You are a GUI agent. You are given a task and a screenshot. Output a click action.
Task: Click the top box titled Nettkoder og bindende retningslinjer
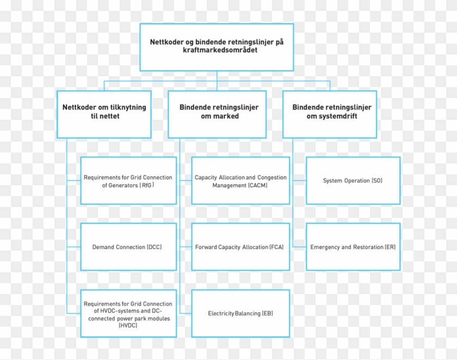pos(217,47)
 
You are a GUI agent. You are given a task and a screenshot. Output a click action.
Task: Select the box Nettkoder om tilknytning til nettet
pos(104,114)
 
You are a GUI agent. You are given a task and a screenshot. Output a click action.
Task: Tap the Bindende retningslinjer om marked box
pos(217,114)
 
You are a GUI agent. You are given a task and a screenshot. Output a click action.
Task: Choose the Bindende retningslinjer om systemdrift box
pos(329,114)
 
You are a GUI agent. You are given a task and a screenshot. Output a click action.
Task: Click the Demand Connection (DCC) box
pos(128,247)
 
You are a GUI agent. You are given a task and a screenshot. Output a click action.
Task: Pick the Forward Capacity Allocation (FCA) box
pos(240,247)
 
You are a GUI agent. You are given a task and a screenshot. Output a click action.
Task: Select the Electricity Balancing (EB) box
pos(240,313)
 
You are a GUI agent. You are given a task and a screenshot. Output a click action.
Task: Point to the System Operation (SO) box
pos(353,180)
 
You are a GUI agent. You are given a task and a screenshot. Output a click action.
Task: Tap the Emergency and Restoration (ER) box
pos(353,247)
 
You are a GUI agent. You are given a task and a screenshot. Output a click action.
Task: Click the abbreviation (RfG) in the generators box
pos(147,185)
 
